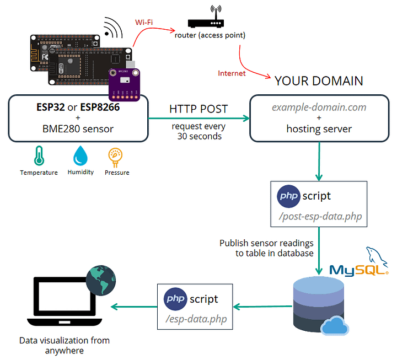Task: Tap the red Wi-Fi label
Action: click(x=144, y=22)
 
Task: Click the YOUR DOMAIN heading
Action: click(x=319, y=81)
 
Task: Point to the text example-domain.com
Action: click(x=319, y=107)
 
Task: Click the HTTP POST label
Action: click(x=199, y=109)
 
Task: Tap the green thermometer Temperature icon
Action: click(x=39, y=157)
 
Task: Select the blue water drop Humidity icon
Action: click(x=81, y=156)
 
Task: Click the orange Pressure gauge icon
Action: click(x=116, y=157)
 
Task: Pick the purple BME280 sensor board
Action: click(x=125, y=82)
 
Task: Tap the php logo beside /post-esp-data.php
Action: click(x=288, y=196)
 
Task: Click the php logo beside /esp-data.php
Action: click(x=175, y=299)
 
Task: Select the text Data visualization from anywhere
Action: click(x=65, y=345)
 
